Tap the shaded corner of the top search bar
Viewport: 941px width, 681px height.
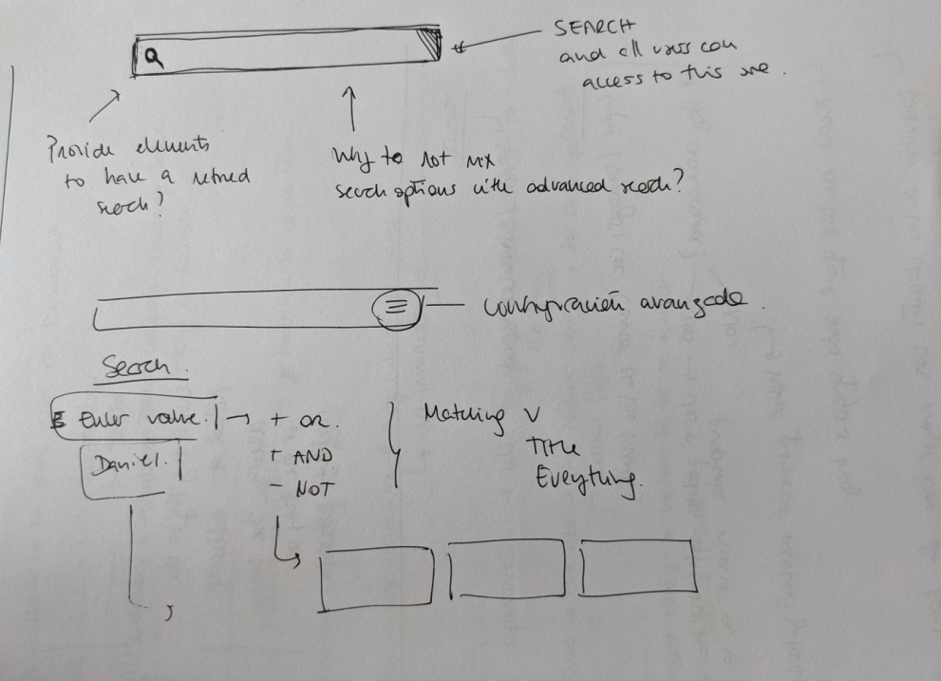(x=432, y=44)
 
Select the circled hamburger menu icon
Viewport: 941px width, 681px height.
(x=399, y=306)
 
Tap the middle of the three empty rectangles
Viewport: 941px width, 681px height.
(x=506, y=569)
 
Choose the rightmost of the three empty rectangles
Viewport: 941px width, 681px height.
(x=637, y=568)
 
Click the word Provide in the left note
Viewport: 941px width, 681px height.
(x=81, y=149)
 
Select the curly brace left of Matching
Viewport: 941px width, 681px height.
(x=393, y=442)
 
